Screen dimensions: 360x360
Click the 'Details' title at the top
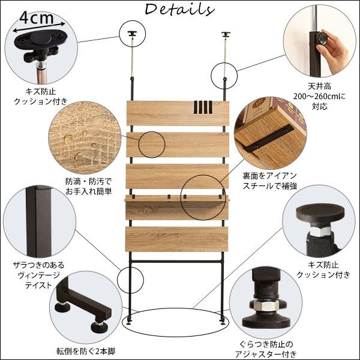(179, 10)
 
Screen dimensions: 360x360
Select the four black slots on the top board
(203, 107)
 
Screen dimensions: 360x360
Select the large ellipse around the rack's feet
(172, 323)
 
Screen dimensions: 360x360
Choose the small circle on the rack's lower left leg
(131, 278)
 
